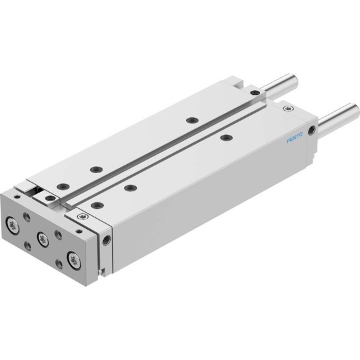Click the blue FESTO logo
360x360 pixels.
pos(294,138)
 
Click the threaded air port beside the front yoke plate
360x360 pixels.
pos(106,240)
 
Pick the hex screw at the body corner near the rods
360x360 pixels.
pos(288,108)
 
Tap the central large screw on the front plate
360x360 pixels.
pos(43,239)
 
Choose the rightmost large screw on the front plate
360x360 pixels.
pos(74,261)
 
